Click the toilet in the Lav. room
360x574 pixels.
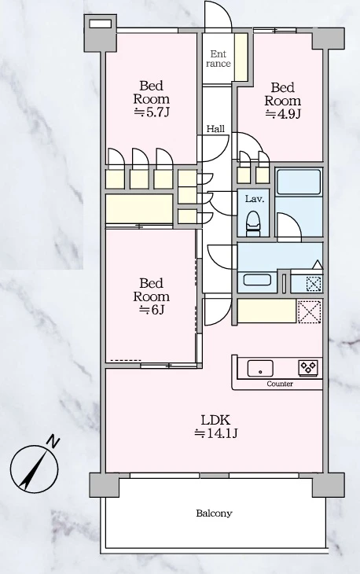click(x=252, y=224)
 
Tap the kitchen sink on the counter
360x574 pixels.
click(x=260, y=368)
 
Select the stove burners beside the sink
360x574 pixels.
click(x=308, y=367)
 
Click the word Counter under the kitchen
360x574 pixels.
click(x=280, y=384)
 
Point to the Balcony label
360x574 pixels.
click(x=214, y=513)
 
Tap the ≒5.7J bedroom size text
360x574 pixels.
click(x=152, y=112)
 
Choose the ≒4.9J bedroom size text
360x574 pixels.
click(x=283, y=114)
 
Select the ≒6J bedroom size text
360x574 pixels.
click(x=152, y=310)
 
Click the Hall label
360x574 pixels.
click(x=216, y=129)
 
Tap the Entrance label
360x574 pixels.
click(x=218, y=59)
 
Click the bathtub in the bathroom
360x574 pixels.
click(x=299, y=182)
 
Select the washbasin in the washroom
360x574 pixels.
click(x=257, y=280)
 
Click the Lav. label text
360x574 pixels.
click(x=255, y=199)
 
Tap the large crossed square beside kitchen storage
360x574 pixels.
click(x=309, y=311)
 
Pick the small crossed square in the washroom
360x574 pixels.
click(x=314, y=284)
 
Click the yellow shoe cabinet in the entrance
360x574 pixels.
click(x=241, y=57)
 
